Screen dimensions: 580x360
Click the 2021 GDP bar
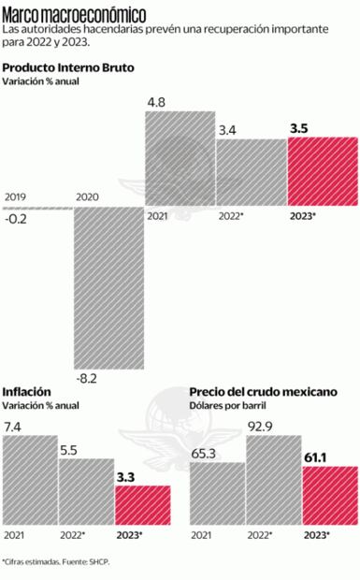pyautogui.click(x=180, y=160)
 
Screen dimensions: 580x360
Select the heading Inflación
pyautogui.click(x=27, y=391)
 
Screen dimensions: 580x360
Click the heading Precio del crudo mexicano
pyautogui.click(x=263, y=391)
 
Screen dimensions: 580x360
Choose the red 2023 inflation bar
pyautogui.click(x=142, y=506)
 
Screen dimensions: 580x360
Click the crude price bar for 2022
pyautogui.click(x=273, y=481)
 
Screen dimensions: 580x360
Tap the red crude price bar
pyautogui.click(x=330, y=496)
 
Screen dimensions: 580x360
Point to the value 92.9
pyautogui.click(x=262, y=427)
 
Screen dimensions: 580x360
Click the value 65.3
pyautogui.click(x=204, y=456)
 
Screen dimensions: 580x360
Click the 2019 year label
pyautogui.click(x=16, y=196)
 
